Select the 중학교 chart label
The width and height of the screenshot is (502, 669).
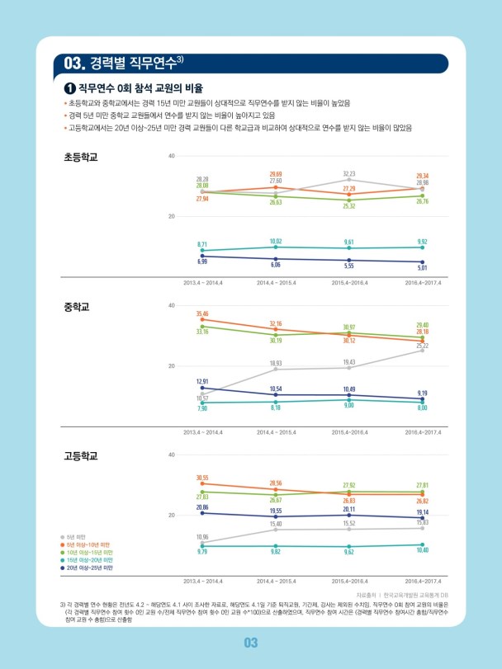(x=76, y=306)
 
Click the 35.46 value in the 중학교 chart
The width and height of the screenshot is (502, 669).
(x=202, y=313)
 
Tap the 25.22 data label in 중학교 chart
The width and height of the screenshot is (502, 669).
(x=422, y=346)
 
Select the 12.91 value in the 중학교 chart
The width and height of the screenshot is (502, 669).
(x=202, y=381)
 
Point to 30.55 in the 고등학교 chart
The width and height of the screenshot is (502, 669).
(x=202, y=478)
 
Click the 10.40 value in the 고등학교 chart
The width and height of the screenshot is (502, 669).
(x=422, y=550)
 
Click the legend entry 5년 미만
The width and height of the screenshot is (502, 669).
(x=83, y=537)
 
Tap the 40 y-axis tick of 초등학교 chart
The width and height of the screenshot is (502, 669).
(x=171, y=156)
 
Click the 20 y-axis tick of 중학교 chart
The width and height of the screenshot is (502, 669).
(x=171, y=365)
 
